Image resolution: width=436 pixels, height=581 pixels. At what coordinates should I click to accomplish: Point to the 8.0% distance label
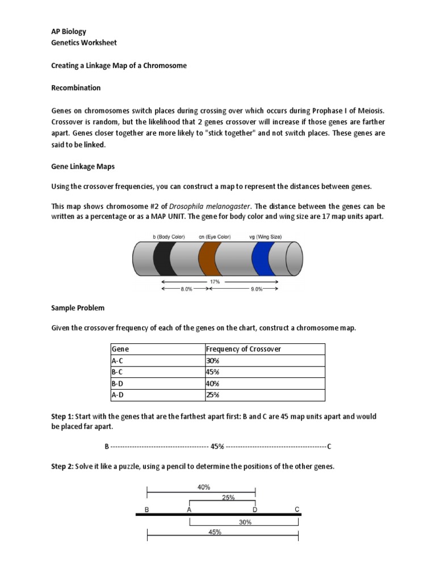186,289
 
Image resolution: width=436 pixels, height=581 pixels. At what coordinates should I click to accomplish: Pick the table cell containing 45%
213,372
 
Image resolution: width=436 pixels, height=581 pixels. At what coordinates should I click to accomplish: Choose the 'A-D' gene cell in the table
118,395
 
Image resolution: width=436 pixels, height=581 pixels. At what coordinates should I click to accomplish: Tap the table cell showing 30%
213,361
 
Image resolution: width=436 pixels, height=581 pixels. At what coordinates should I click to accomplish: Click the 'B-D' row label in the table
118,384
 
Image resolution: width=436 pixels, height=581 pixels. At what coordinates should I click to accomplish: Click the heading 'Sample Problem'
78,308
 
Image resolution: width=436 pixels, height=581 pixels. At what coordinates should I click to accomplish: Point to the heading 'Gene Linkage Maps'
83,166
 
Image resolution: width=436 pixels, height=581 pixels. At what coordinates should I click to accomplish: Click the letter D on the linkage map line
255,510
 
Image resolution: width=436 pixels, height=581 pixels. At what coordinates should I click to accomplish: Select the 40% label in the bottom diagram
204,487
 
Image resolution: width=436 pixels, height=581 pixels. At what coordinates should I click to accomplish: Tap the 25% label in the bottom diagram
228,497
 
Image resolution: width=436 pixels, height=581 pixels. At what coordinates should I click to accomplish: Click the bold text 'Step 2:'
62,466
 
